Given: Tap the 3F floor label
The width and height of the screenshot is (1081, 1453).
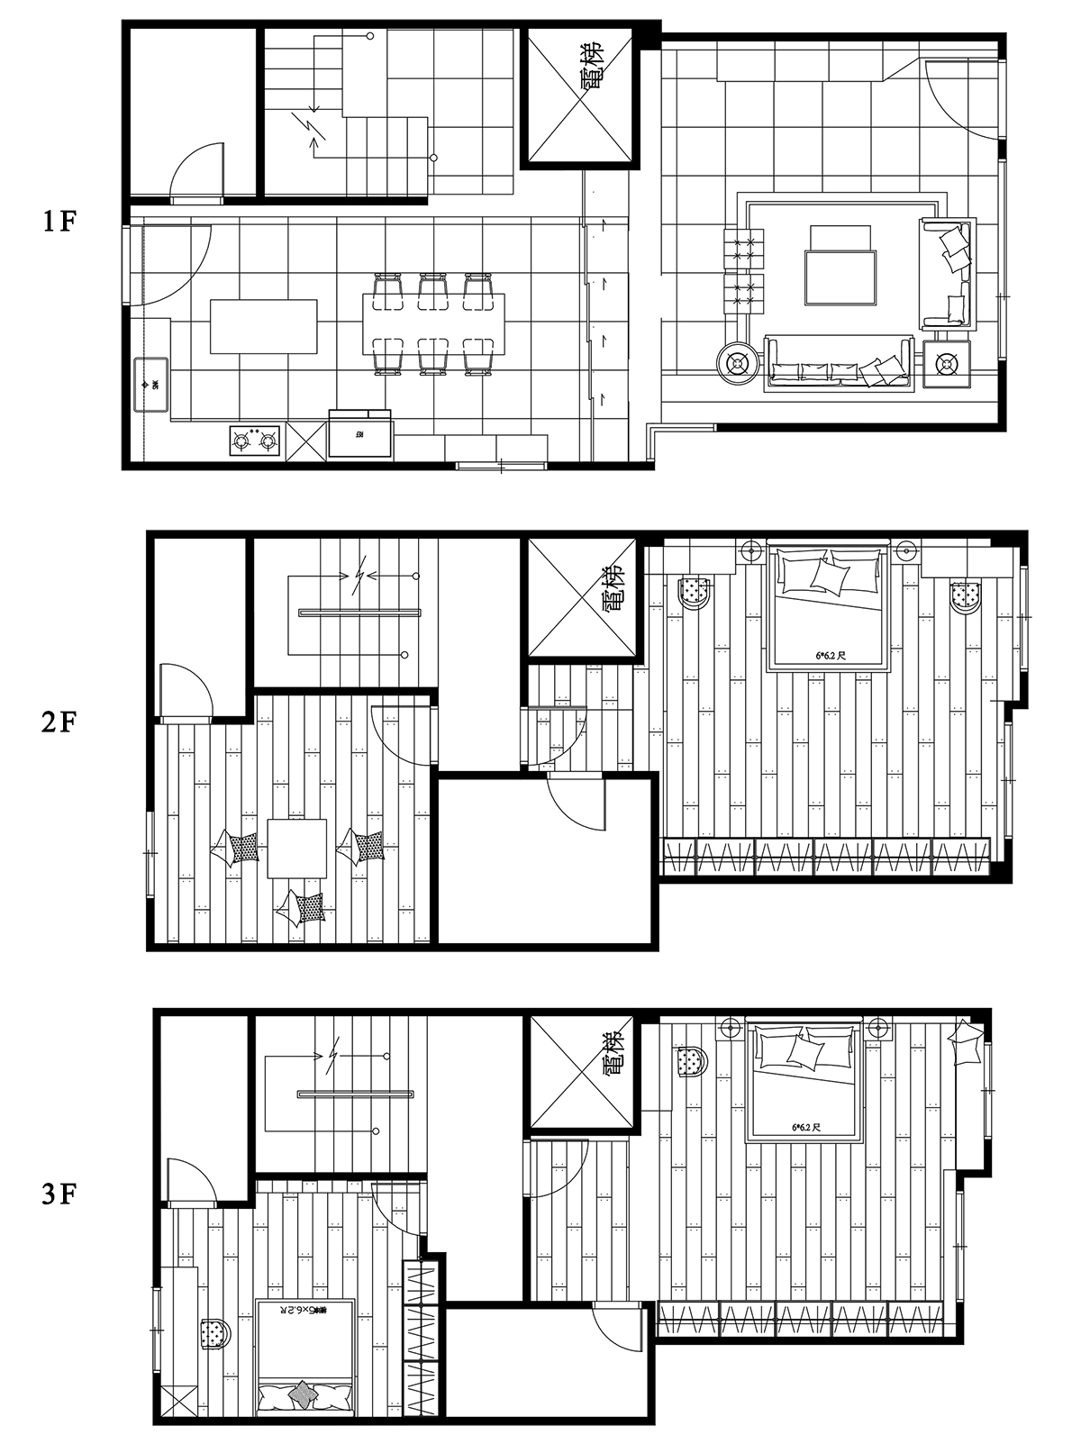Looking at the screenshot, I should click(59, 1194).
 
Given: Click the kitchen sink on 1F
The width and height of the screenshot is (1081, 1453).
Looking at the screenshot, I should click(151, 385).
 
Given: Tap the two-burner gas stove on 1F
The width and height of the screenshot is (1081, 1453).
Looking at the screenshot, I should click(254, 441).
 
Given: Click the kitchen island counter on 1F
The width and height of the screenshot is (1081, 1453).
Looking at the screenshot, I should click(263, 326).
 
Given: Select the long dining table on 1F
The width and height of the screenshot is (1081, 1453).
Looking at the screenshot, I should click(433, 323).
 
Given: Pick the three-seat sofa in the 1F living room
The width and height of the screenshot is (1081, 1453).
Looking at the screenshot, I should click(838, 365).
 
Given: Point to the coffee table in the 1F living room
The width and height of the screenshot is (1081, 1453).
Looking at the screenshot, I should click(840, 277).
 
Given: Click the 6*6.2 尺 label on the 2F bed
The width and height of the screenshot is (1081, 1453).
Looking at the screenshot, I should click(830, 657).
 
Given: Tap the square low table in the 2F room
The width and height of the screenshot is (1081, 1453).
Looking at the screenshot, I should click(296, 848).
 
